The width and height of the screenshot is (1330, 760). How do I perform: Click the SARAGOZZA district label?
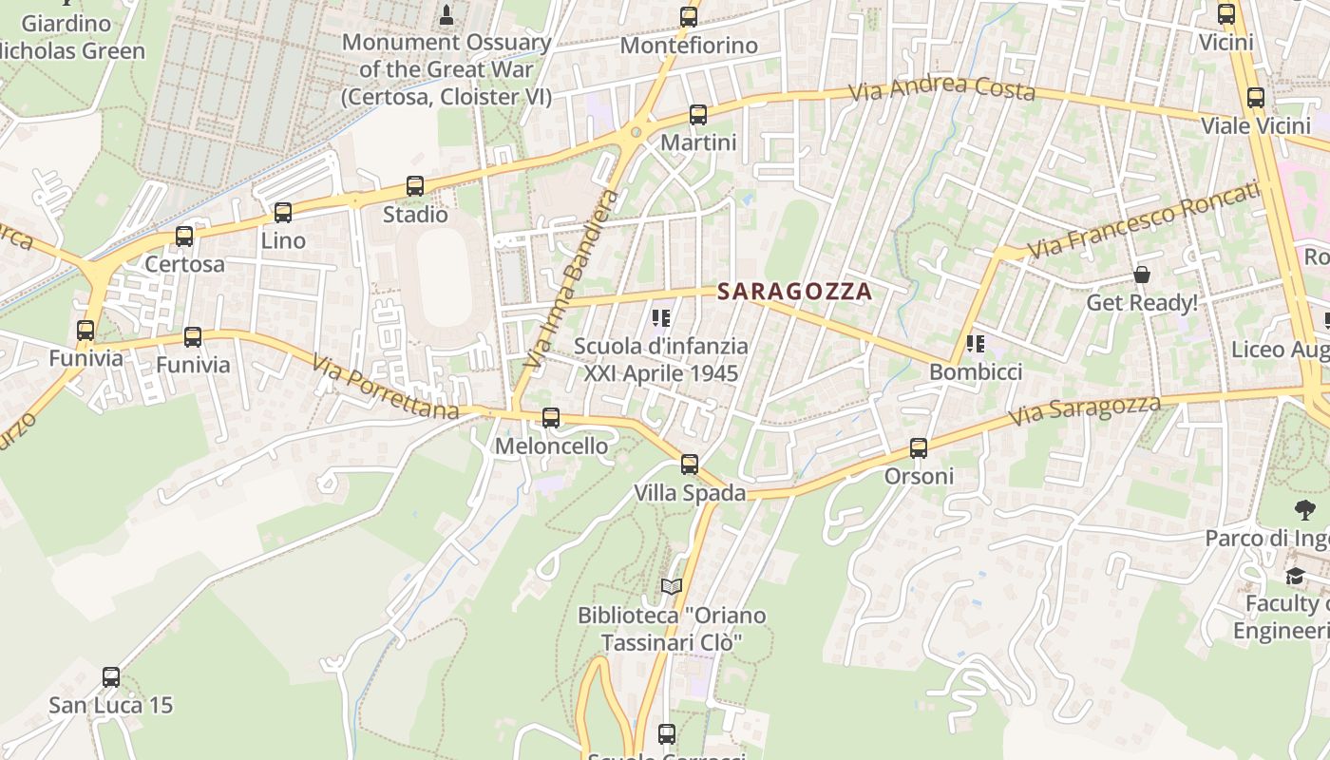point(794,292)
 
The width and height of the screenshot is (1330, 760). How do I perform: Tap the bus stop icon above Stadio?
point(415,186)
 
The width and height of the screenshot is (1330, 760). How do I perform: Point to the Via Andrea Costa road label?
point(940,88)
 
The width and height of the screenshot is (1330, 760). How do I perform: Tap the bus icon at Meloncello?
point(551,418)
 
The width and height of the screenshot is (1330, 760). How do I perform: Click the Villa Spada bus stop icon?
point(690,465)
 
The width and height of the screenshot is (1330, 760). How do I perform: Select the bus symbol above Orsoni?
point(919,448)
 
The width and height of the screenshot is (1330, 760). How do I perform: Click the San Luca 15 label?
point(111,705)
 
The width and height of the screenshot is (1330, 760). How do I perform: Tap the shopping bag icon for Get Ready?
point(1141,275)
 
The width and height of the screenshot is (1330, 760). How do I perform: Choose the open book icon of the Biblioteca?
point(672,587)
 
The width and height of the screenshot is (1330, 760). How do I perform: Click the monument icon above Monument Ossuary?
point(446,14)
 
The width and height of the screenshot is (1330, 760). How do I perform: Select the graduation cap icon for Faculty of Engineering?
point(1295,577)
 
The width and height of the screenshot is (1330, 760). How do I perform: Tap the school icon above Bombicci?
point(975,344)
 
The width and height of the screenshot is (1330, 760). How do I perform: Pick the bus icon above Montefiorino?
point(689,17)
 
